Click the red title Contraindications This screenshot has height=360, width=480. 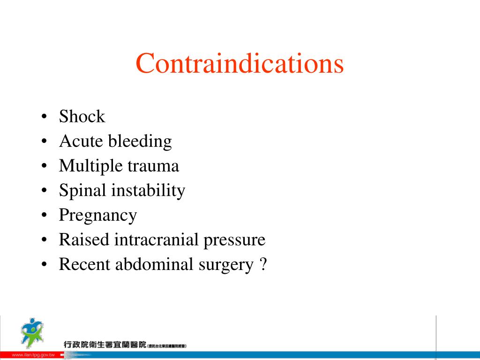[240, 64]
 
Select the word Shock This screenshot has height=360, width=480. [82, 117]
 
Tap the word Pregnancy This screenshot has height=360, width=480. [98, 216]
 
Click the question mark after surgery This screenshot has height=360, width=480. [262, 265]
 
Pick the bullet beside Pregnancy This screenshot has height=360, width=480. [44, 216]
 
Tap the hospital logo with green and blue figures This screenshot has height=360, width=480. [31, 332]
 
